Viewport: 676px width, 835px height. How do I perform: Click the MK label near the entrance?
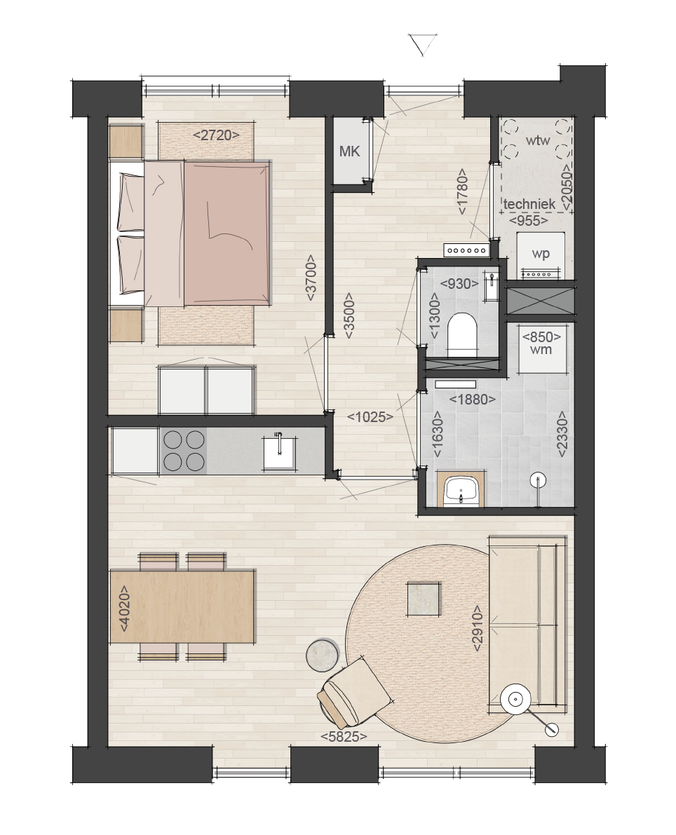coord(349,151)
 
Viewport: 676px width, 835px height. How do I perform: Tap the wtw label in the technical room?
coord(538,141)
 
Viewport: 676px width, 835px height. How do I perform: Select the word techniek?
coord(529,204)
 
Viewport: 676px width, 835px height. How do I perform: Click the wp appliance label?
coord(541,254)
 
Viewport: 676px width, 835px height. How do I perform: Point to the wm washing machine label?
coord(541,350)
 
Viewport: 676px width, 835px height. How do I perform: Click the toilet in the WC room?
coord(462,334)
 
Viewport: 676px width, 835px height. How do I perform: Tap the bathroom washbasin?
coord(461,489)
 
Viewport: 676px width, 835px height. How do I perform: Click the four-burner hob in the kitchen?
coord(184,451)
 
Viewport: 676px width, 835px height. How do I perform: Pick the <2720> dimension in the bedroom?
coord(216,135)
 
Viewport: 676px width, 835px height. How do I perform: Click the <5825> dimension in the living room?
coord(344,736)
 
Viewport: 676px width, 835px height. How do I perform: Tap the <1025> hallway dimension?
coord(370,417)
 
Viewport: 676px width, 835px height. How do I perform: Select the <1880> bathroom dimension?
coord(473,400)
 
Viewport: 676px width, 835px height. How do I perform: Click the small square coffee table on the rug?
coord(424,599)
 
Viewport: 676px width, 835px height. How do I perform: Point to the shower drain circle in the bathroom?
coord(539,480)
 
